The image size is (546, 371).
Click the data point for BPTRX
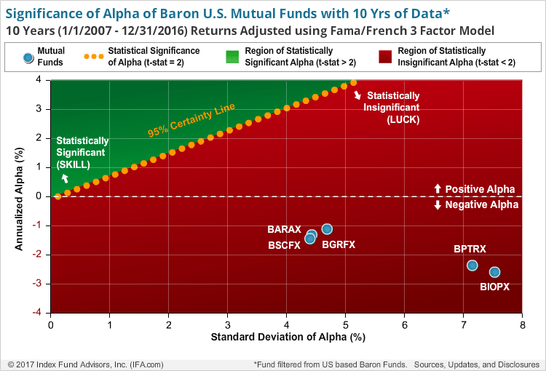pyautogui.click(x=472, y=265)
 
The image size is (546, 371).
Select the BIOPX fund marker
pyautogui.click(x=494, y=272)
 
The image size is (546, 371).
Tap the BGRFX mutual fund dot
pyautogui.click(x=327, y=229)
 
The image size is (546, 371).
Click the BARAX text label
pyautogui.click(x=284, y=230)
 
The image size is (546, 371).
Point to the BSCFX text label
pyautogui.click(x=284, y=245)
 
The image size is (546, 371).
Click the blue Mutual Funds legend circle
pyautogui.click(x=28, y=57)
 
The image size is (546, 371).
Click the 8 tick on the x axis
pyautogui.click(x=522, y=325)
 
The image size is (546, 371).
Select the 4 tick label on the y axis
pyautogui.click(x=41, y=80)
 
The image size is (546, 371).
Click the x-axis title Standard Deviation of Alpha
pyautogui.click(x=287, y=338)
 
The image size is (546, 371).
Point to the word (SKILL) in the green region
pyautogui.click(x=74, y=164)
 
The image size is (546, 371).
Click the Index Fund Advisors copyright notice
pyautogui.click(x=85, y=363)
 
